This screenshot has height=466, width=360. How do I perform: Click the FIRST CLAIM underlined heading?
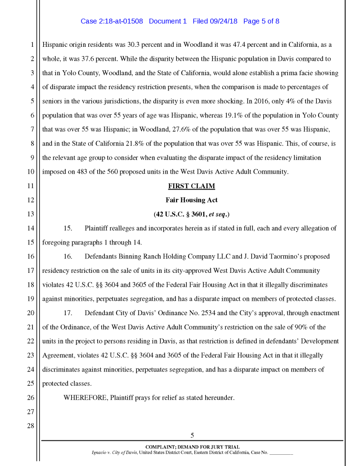tap(191, 186)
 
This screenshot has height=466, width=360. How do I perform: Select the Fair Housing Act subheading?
tap(191, 200)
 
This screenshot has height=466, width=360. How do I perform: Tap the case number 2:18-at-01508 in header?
tap(119, 21)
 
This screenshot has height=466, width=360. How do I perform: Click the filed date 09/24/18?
tap(225, 21)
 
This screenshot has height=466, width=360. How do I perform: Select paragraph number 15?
tap(67, 228)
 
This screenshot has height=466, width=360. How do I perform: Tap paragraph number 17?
tap(67, 313)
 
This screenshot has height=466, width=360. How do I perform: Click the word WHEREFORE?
tap(85, 398)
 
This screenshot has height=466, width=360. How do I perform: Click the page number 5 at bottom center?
tap(192, 435)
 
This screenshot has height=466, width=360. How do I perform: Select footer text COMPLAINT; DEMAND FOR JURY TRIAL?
tap(192, 447)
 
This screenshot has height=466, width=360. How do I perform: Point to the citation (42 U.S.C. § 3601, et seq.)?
tap(191, 214)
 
